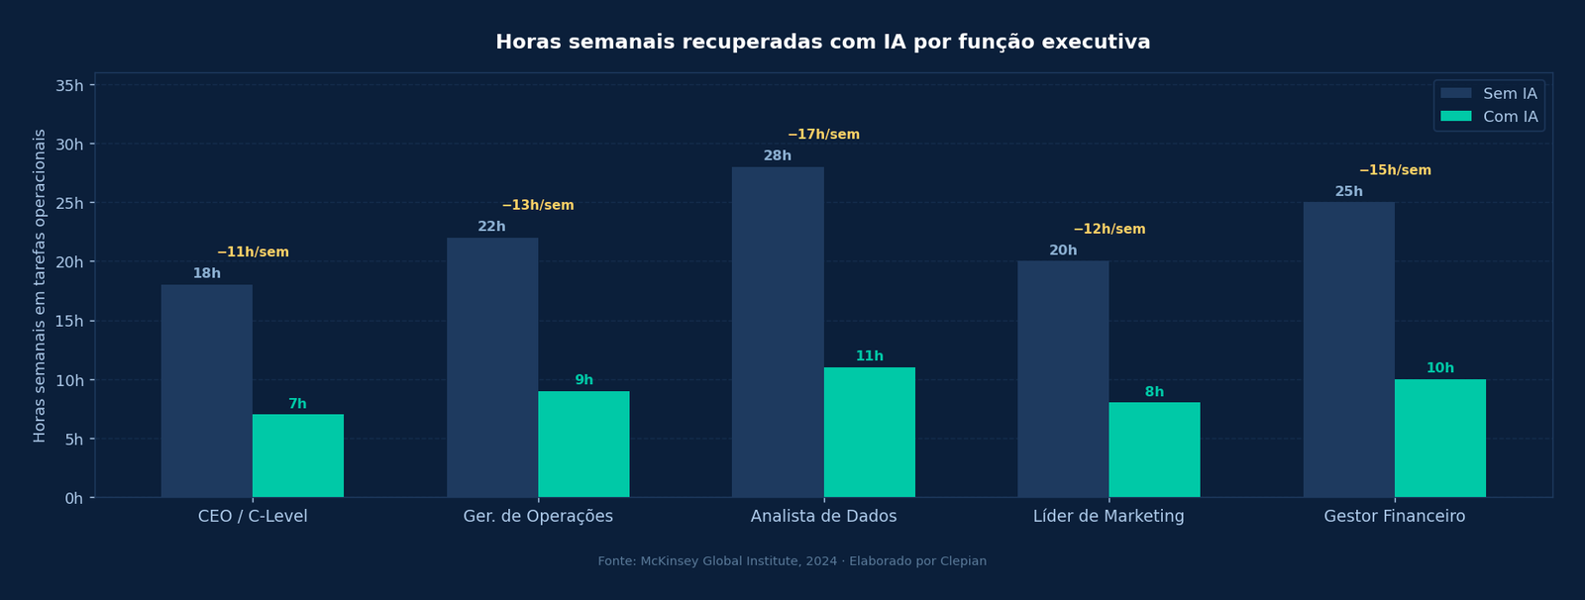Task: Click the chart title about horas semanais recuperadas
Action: [x=822, y=43]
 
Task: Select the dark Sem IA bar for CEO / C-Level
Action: [x=206, y=391]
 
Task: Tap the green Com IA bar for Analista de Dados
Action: [x=869, y=433]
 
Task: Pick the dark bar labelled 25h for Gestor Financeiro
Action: [x=1348, y=350]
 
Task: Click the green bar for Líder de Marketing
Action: [x=1154, y=450]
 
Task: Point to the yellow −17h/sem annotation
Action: [x=823, y=135]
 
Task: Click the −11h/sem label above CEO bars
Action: [x=253, y=252]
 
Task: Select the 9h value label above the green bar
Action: [x=583, y=380]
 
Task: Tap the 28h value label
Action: [x=777, y=156]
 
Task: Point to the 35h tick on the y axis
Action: [x=69, y=86]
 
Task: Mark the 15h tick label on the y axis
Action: [x=69, y=322]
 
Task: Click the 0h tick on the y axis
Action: [x=73, y=498]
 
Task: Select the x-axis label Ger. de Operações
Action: [x=538, y=517]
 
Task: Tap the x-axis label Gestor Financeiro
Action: [x=1394, y=517]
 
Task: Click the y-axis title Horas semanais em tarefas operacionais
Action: [x=40, y=285]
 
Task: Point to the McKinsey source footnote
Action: [x=792, y=561]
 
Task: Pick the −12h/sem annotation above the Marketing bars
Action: [x=1109, y=230]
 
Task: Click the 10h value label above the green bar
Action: [x=1439, y=368]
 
